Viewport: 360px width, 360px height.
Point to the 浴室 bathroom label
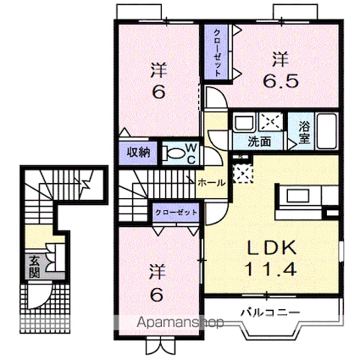pos(305,132)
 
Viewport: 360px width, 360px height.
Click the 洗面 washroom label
pos(259,141)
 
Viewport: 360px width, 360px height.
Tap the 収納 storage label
pos(139,152)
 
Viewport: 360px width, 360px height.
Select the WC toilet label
pos(192,152)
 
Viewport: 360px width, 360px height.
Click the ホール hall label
pos(211,181)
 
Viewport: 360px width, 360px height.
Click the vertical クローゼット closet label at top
pos(217,53)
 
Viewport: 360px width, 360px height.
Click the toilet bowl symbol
pos(173,153)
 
